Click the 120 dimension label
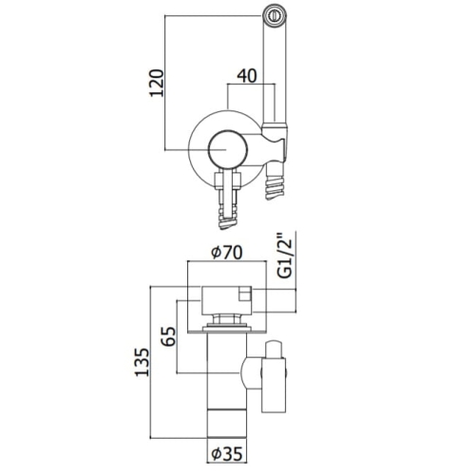pos(157,83)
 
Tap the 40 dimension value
pos(247,76)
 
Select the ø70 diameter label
pos(227,253)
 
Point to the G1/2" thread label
pos(286,256)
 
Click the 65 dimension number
pos(168,336)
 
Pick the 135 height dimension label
pos(142,362)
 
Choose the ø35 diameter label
pos(227,454)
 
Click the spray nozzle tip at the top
pos(275,15)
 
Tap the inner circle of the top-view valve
pos(227,149)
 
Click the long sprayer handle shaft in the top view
pos(275,74)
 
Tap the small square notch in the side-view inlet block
pos(245,294)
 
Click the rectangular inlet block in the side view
pos(227,301)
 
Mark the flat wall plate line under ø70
pos(227,332)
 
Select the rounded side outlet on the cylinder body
pos(251,372)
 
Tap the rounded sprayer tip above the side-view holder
pos(274,350)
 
